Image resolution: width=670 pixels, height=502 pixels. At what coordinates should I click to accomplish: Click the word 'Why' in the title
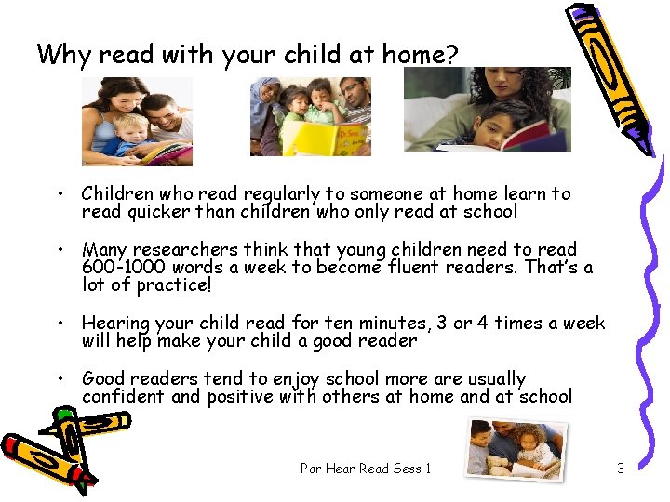(x=64, y=54)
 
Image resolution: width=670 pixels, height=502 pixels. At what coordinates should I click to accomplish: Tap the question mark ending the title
(x=452, y=55)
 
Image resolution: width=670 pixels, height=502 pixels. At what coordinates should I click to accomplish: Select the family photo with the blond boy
(x=137, y=121)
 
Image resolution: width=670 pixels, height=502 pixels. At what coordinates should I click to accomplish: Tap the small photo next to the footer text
(x=513, y=448)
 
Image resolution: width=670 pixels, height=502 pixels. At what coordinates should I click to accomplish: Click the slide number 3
(x=621, y=469)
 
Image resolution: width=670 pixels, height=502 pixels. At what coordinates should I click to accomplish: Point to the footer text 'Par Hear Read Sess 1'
(x=366, y=469)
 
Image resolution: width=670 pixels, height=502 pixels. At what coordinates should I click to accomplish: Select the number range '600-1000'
(x=123, y=268)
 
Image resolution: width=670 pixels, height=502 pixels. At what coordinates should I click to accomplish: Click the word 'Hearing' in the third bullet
(x=115, y=324)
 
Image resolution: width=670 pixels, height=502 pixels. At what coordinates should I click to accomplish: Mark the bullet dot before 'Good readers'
(x=59, y=379)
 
